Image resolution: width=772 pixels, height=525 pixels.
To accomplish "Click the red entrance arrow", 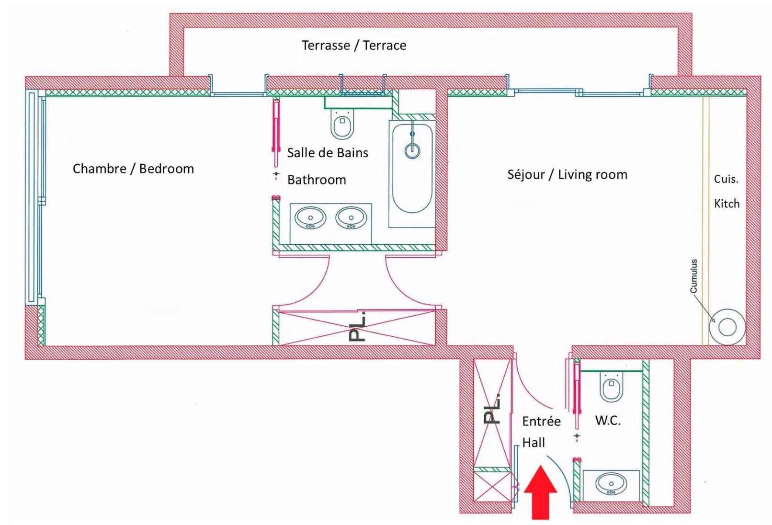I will tap(541, 493).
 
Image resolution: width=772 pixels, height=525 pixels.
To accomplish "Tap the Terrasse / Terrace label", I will tap(354, 46).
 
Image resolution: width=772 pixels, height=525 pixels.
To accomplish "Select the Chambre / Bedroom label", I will tap(133, 169).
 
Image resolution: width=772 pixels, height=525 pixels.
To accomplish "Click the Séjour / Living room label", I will tap(567, 174).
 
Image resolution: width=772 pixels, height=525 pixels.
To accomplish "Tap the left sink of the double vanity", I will tap(310, 218).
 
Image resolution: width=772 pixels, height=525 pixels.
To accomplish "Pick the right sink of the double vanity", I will tap(351, 218).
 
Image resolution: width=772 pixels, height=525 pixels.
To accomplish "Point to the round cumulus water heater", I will tap(727, 328).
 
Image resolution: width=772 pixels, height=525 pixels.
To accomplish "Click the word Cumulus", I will tap(693, 276).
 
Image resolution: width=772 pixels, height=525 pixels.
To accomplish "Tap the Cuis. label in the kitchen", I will tap(726, 179).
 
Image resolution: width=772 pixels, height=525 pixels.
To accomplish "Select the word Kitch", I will tap(727, 204).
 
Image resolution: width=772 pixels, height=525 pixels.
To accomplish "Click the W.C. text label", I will tap(608, 421).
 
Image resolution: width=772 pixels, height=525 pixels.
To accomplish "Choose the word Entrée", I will tap(541, 422).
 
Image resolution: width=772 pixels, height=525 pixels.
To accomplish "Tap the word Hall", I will tap(534, 443).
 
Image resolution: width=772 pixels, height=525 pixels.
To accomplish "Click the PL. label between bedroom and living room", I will tap(358, 327).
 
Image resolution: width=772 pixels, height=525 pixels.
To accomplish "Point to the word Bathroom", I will tap(317, 180).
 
